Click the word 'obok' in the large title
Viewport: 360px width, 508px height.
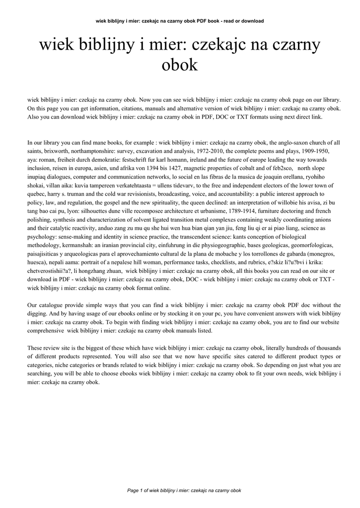(180, 65)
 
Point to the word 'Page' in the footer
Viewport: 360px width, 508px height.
(134, 490)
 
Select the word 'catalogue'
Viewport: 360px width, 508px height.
(51, 305)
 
